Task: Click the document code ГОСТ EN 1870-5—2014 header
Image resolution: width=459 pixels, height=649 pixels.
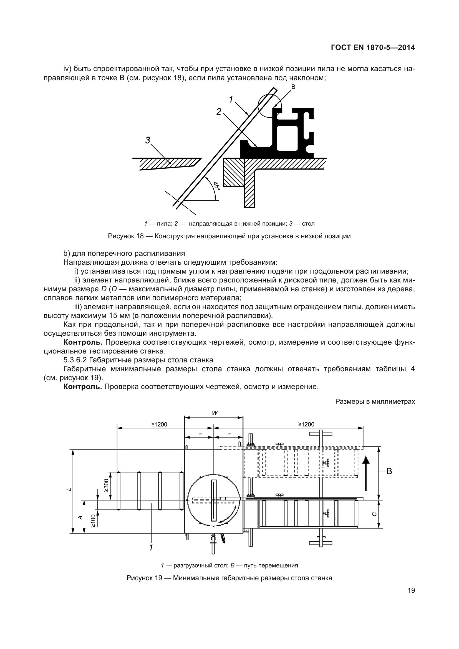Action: point(373,47)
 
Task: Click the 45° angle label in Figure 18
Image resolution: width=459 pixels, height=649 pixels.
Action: point(216,186)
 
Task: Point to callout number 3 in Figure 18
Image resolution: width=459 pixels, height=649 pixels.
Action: point(148,140)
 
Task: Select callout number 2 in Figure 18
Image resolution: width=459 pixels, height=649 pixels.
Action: point(219,112)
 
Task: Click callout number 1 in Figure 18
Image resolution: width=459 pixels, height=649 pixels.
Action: point(231,99)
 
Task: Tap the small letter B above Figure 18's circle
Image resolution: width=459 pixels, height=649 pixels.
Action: point(293,87)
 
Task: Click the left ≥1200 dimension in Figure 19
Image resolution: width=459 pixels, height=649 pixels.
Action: point(159,424)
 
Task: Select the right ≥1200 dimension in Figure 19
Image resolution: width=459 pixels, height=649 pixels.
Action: point(306,424)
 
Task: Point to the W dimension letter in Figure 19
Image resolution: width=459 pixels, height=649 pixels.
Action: point(215,413)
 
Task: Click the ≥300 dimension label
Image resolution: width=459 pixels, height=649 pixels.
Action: point(106,485)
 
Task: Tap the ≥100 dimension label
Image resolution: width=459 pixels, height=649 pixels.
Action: point(94,521)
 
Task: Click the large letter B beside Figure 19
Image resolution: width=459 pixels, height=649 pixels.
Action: point(389,471)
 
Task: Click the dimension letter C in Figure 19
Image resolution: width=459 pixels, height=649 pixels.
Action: point(374,514)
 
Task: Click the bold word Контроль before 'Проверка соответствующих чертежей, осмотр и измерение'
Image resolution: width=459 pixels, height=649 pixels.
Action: point(82,387)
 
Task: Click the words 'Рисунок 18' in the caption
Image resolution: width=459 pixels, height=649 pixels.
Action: point(126,236)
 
